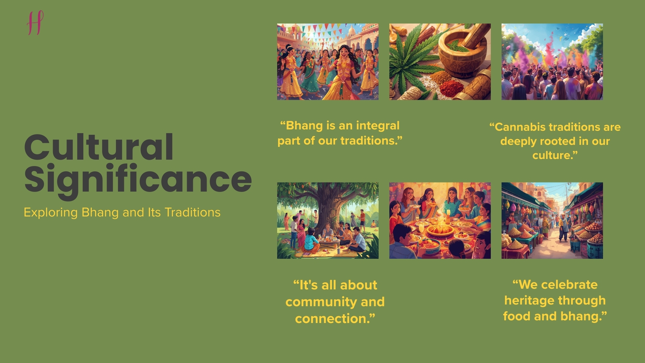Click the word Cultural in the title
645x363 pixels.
[99, 148]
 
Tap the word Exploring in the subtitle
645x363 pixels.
[50, 212]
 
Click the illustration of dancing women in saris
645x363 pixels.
[328, 62]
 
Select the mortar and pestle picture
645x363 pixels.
[440, 62]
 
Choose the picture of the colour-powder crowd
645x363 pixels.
[552, 62]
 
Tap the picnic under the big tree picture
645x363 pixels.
[328, 220]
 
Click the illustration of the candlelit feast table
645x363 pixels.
[440, 220]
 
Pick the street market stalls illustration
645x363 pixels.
[552, 220]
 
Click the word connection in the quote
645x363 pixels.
[333, 319]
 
